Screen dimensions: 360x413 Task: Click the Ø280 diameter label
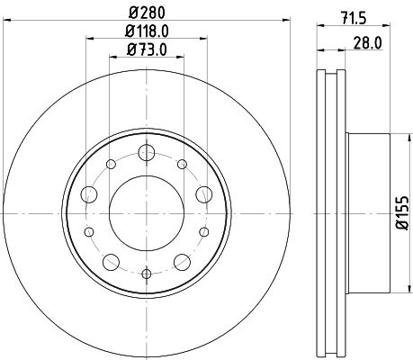(x=146, y=12)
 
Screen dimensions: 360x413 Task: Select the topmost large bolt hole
(x=146, y=152)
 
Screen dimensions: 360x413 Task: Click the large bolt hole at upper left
(x=89, y=193)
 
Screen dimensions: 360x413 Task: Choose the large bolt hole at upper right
(x=202, y=193)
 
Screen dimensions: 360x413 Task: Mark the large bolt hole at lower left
(x=111, y=261)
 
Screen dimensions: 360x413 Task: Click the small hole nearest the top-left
(x=110, y=164)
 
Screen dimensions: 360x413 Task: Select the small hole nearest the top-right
(x=182, y=164)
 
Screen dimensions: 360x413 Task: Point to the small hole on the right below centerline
(x=203, y=231)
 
